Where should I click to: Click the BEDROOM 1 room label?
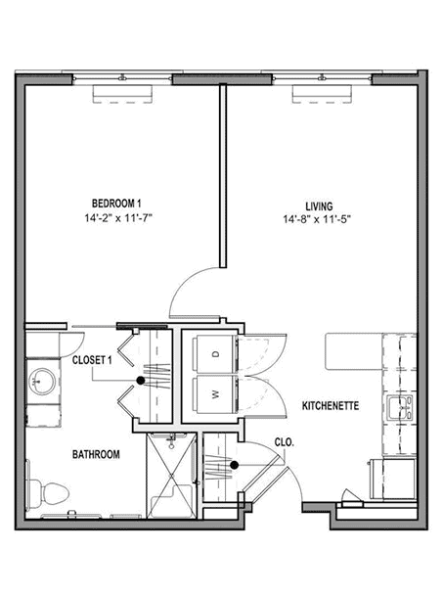coord(116,204)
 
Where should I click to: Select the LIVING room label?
coord(319,206)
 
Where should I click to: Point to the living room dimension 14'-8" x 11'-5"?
coord(317,219)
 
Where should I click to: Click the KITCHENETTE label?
coord(331,406)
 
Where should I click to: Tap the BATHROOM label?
coord(96,454)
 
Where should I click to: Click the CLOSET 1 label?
coord(92,360)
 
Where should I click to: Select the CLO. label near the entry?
coord(285,442)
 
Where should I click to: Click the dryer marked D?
coord(215,354)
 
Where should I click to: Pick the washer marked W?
coord(215,394)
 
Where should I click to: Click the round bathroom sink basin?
coord(42,381)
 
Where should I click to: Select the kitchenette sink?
coord(400,407)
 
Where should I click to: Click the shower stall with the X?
coord(172,476)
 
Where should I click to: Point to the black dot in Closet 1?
coord(141,380)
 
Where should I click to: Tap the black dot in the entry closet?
coord(234,465)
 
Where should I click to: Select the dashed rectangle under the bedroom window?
coord(122,94)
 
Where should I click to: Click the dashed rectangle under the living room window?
coord(322,94)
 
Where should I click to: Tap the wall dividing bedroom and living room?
coord(223,175)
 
